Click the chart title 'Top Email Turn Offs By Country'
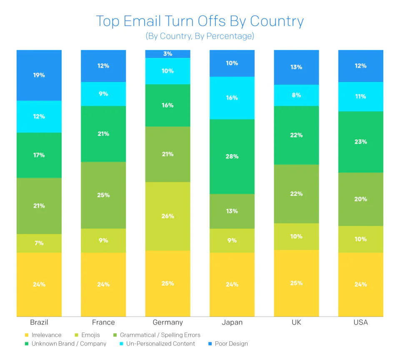point(200,21)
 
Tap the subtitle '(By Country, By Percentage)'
point(200,36)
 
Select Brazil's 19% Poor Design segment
point(39,75)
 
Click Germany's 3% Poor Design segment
point(167,54)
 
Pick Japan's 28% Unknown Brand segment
point(232,157)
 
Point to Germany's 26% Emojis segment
point(167,216)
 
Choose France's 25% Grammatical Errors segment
point(103,195)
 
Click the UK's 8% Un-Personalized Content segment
point(296,95)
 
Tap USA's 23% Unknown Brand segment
point(360,142)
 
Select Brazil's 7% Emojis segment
point(39,243)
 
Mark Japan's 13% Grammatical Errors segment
point(232,211)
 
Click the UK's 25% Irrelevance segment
point(296,283)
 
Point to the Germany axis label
point(167,322)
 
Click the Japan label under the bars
point(232,322)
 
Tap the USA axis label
point(360,322)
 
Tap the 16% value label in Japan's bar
point(232,98)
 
